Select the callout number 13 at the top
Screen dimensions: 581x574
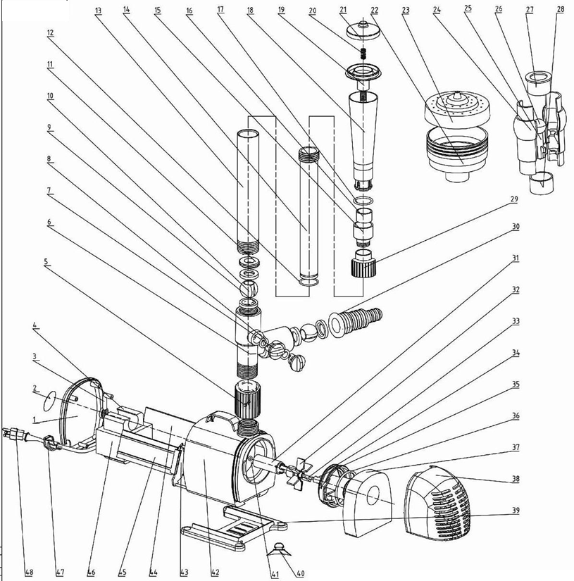point(97,11)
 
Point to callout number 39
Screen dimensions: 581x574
point(516,510)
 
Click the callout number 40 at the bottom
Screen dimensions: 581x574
point(301,573)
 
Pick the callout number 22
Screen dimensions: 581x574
point(374,11)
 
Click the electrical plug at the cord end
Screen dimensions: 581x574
point(15,434)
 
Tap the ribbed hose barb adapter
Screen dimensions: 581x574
point(358,321)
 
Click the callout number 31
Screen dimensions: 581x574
point(516,258)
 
